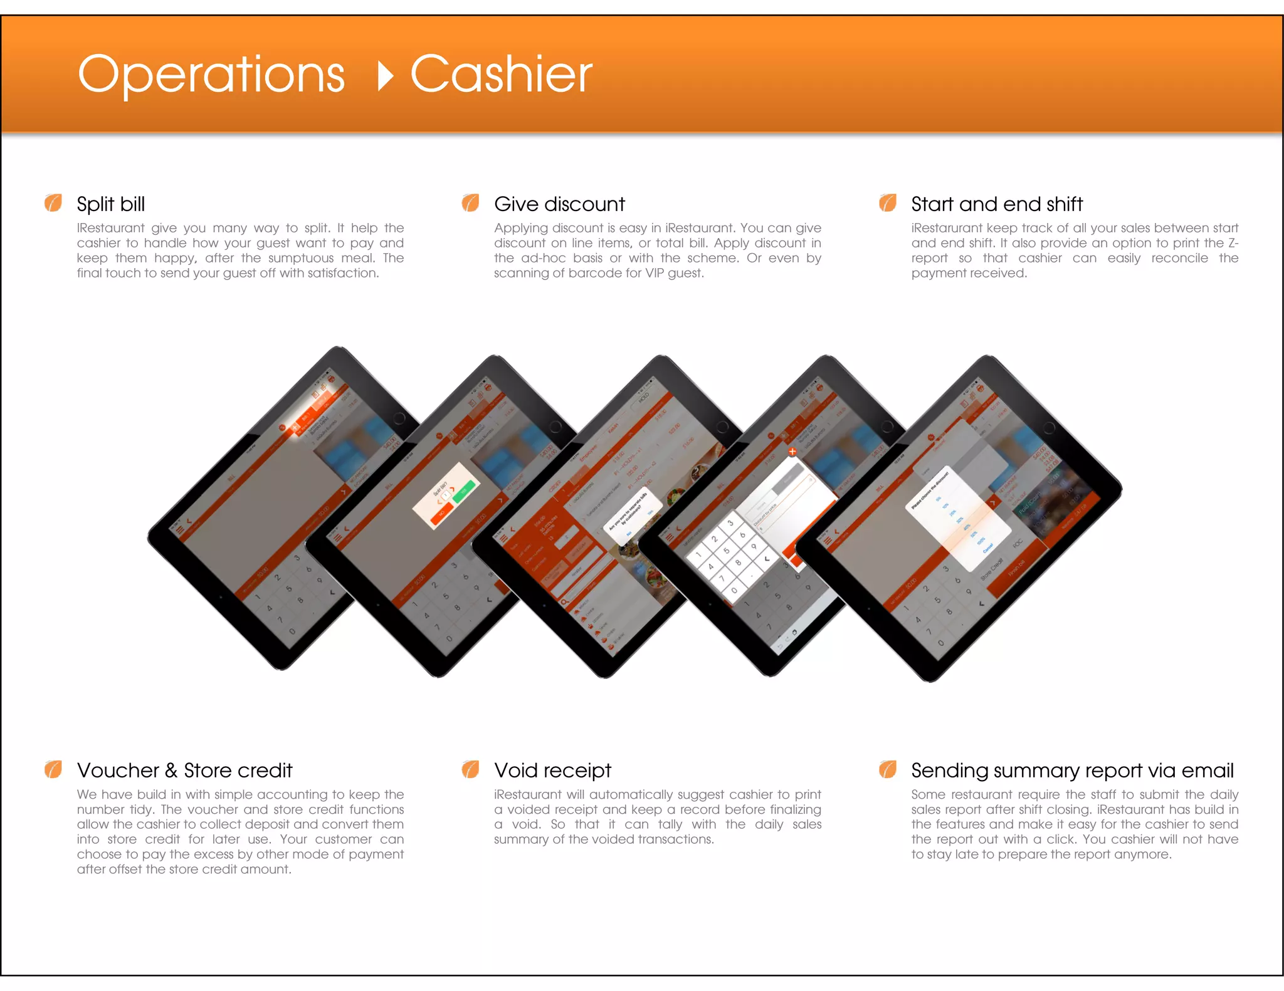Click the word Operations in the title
point(211,75)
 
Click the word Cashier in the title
point(501,75)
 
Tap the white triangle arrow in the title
point(385,76)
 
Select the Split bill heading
point(111,204)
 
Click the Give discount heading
point(559,204)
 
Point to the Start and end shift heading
point(997,204)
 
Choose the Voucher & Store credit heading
point(185,770)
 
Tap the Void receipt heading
point(552,770)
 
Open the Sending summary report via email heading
point(1072,770)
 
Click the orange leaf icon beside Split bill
point(53,203)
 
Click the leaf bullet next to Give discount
point(470,203)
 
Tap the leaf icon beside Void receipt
point(470,769)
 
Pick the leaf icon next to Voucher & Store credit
point(53,769)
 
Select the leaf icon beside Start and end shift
point(888,203)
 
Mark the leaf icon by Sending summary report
point(888,769)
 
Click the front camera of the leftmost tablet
point(399,418)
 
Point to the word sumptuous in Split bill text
point(301,258)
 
